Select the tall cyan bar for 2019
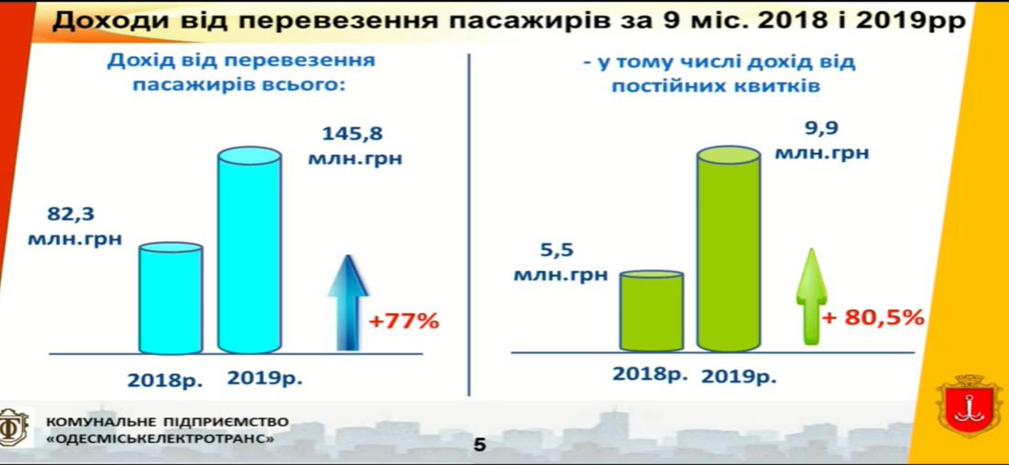tap(249, 250)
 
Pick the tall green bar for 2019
tap(729, 249)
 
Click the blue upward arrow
tap(348, 303)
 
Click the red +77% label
tap(403, 320)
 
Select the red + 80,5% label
tap(873, 317)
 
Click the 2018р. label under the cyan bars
tap(165, 380)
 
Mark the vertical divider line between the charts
tap(469, 225)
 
